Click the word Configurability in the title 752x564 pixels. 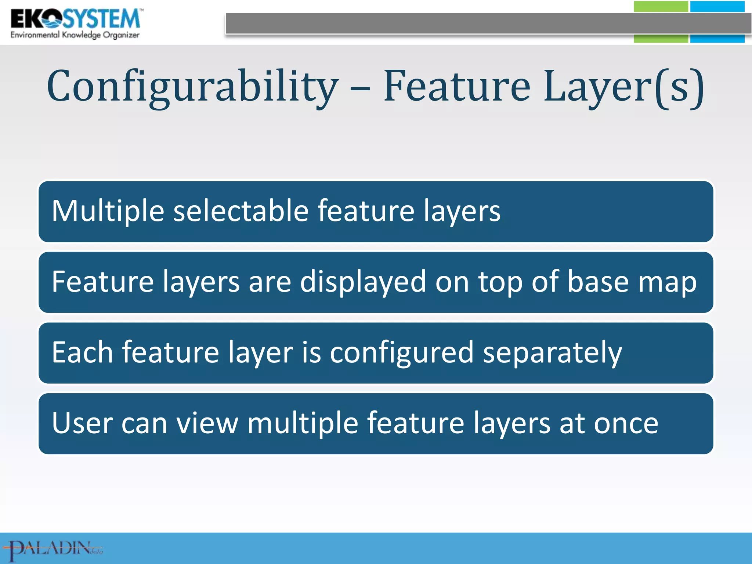click(192, 87)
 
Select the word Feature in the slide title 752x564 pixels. click(457, 86)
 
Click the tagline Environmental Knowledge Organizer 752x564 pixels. click(75, 35)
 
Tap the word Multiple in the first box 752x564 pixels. click(108, 211)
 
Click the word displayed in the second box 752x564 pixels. click(363, 282)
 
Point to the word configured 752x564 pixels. click(402, 353)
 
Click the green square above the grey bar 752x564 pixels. click(661, 7)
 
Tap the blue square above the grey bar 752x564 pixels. click(717, 7)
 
